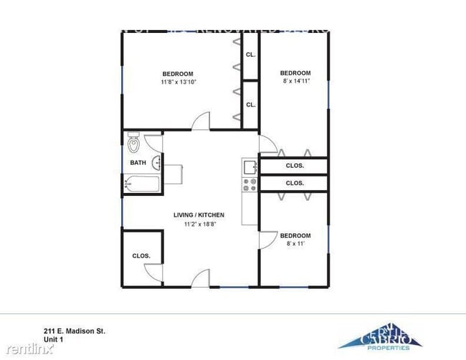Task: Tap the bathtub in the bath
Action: (x=141, y=184)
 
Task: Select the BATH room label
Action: (x=138, y=163)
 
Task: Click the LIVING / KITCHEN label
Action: (x=199, y=215)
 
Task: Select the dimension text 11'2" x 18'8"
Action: (x=199, y=224)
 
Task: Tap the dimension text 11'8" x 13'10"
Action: (x=178, y=82)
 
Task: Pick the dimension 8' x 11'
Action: (x=295, y=245)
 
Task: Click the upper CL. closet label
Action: (x=250, y=55)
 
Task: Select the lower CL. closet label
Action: (x=250, y=105)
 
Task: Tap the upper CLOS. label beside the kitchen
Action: (x=295, y=166)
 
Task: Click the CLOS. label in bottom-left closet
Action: (x=141, y=255)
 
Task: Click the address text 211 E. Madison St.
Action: (x=74, y=331)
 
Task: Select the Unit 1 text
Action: (x=52, y=340)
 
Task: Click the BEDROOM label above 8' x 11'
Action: (x=295, y=235)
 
